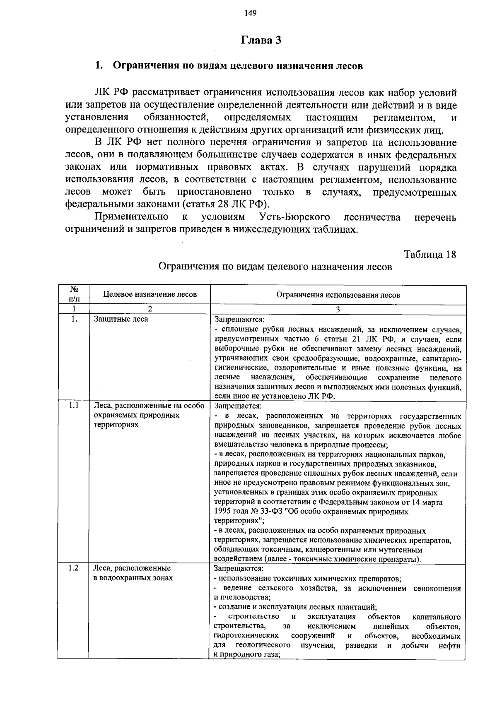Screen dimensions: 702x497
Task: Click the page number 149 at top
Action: [x=251, y=13]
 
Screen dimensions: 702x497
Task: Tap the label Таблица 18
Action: [x=430, y=254]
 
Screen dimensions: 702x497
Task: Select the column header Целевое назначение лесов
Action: [x=150, y=294]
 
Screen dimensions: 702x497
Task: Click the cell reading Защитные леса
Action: [x=121, y=319]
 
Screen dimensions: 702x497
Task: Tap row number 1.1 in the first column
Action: [x=74, y=406]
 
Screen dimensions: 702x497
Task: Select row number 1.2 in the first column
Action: [x=74, y=568]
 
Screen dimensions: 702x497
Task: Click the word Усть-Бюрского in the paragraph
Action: [x=294, y=217]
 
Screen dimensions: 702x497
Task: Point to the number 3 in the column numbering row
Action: [x=338, y=310]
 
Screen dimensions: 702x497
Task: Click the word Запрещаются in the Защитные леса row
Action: [x=239, y=320]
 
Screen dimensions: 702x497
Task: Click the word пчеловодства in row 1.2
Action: [x=244, y=597]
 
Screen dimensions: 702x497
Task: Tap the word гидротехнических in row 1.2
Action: [x=246, y=635]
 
